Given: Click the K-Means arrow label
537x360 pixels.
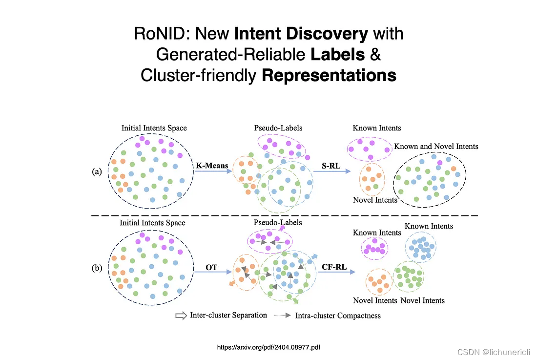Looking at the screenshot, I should [x=212, y=166].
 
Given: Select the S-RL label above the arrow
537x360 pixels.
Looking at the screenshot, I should [x=331, y=166].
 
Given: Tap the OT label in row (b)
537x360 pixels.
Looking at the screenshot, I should [x=211, y=267].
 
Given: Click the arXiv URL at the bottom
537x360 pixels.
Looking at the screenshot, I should [x=268, y=347].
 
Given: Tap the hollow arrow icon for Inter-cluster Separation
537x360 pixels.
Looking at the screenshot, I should [x=181, y=316].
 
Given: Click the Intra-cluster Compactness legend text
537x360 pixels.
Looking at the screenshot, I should [x=338, y=316].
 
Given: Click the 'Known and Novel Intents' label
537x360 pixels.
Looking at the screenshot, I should [x=436, y=146].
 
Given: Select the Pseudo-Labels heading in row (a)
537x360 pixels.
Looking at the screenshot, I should [x=278, y=128].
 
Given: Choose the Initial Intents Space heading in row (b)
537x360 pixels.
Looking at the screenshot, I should [x=153, y=223].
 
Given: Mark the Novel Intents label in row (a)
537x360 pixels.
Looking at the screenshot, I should [x=375, y=200].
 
